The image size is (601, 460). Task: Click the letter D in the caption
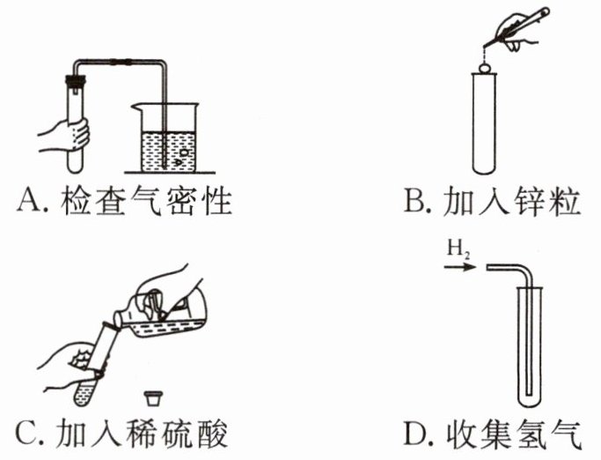click(411, 434)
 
